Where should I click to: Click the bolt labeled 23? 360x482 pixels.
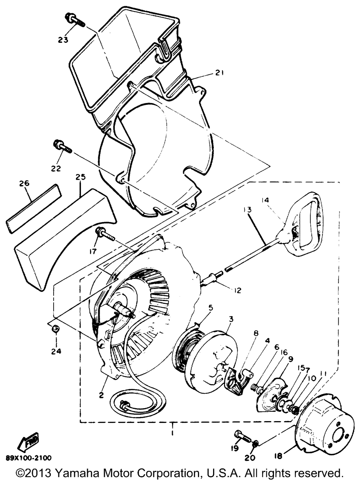(x=75, y=20)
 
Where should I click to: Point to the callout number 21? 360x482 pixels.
(x=220, y=73)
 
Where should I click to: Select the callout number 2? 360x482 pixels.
(x=101, y=395)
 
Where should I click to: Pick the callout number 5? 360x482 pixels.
(x=211, y=307)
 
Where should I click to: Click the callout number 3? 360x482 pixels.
(x=231, y=319)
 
